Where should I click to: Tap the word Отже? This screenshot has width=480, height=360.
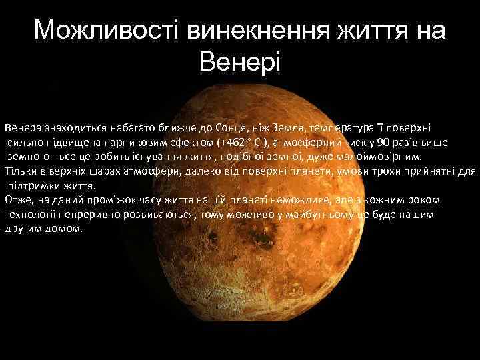[x=16, y=200]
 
